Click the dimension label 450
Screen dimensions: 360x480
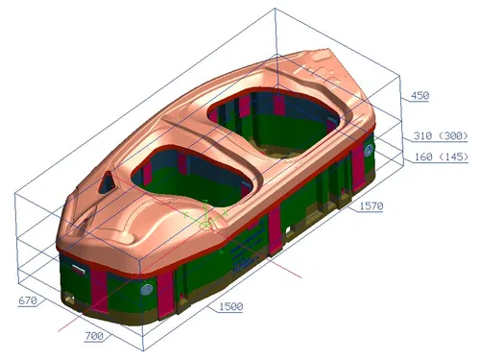pyautogui.click(x=420, y=96)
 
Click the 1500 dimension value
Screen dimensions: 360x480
pyautogui.click(x=229, y=306)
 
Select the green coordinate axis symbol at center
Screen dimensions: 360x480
pyautogui.click(x=204, y=224)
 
